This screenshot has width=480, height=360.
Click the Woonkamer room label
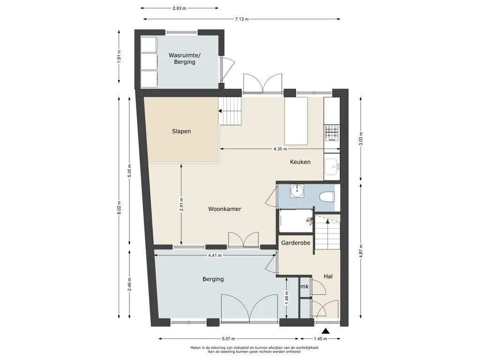225,209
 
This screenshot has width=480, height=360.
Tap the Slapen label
181,131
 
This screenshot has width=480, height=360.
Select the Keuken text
300,162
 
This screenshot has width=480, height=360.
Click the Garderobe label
296,243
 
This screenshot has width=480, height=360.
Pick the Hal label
328,277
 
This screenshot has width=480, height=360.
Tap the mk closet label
305,286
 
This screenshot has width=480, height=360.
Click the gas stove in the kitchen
332,133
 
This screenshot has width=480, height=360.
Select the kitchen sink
332,166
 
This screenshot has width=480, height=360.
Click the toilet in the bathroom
327,196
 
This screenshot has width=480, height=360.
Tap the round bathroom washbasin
297,191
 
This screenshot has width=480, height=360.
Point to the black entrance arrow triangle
326,330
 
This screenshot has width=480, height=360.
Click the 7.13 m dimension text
242,19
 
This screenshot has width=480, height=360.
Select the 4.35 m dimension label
280,149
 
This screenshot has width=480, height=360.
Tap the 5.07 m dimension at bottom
228,338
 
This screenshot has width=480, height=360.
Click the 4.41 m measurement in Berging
215,255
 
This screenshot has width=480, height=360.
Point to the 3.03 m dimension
361,139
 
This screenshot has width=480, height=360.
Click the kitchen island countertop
296,121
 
